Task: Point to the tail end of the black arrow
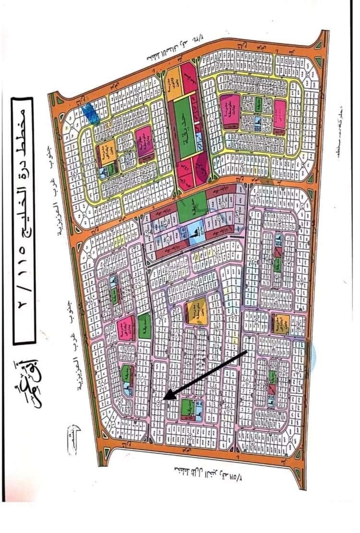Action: click(x=246, y=351)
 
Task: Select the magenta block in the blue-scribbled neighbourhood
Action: click(x=143, y=144)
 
